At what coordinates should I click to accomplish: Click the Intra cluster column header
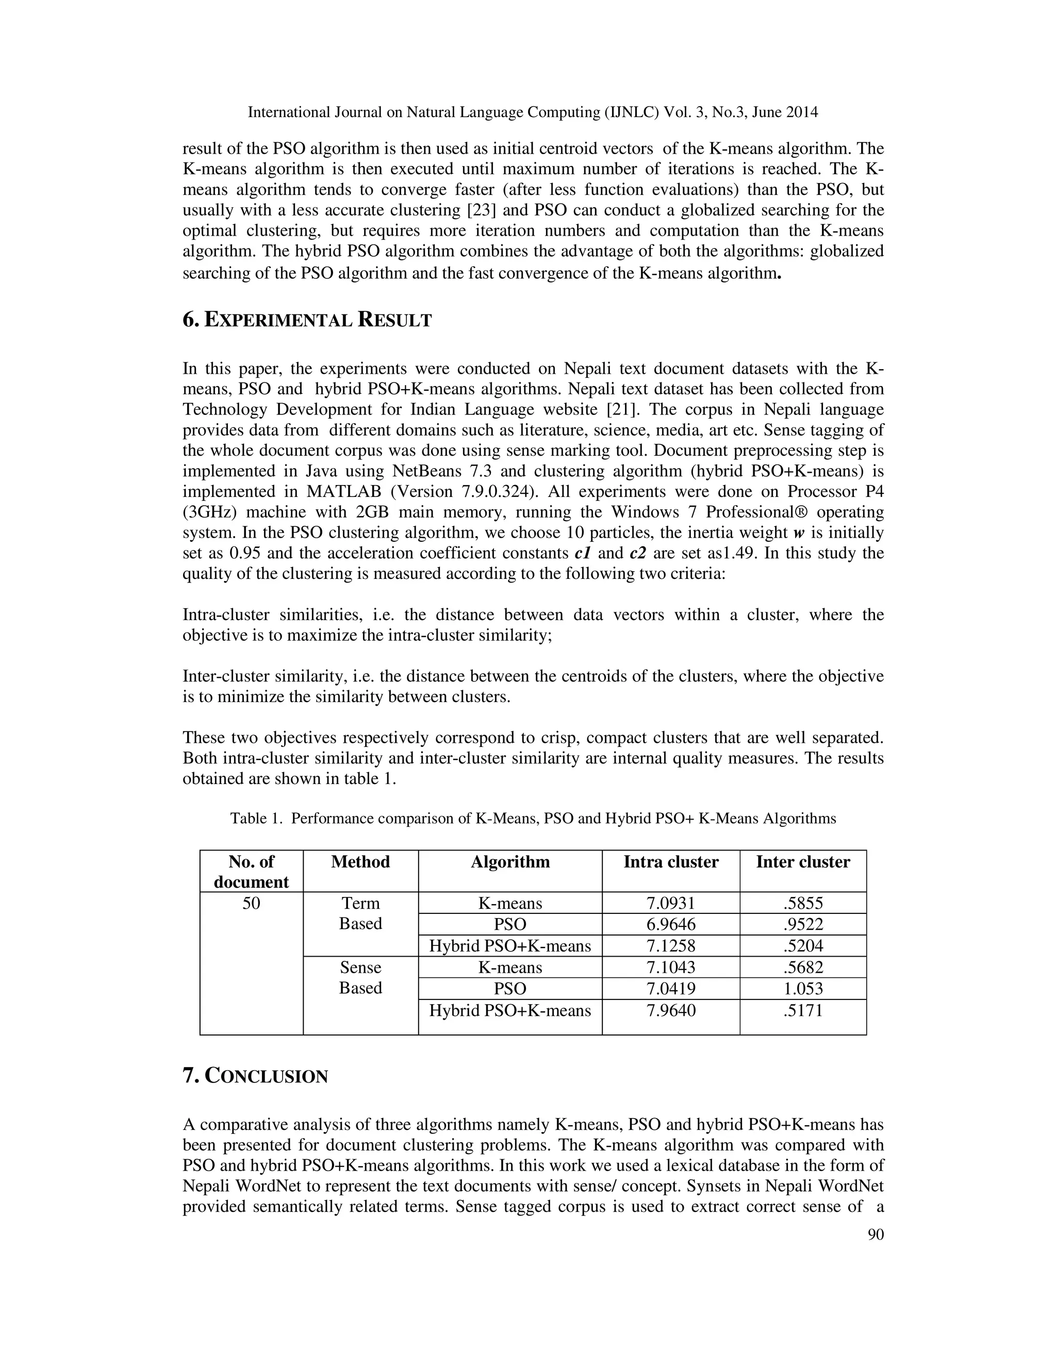coord(671,862)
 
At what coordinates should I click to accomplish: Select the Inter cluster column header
coord(803,862)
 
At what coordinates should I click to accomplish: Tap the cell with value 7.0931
coord(671,903)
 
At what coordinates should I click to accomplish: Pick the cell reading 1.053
coord(803,988)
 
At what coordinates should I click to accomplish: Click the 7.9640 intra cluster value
coord(671,1010)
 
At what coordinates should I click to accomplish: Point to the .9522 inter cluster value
coord(803,924)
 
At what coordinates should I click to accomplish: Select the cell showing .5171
coord(803,1010)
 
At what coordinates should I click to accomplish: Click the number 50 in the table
coord(251,903)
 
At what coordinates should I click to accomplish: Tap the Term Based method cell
coord(360,913)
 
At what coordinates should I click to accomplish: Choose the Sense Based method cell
coord(360,977)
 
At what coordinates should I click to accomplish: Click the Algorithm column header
coord(510,862)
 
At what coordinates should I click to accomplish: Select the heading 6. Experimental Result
coord(307,320)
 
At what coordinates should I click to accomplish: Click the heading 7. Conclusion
coord(255,1076)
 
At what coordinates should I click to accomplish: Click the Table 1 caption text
coord(532,818)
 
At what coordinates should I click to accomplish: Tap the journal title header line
coord(532,112)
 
